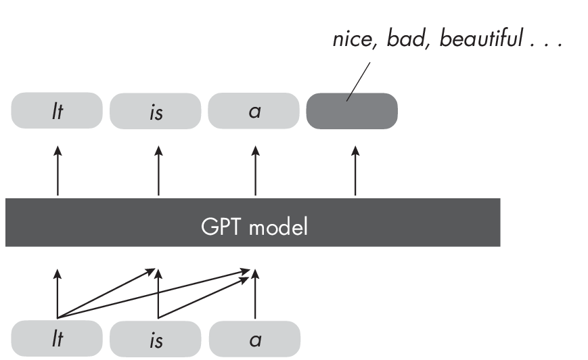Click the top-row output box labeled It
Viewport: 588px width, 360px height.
point(57,110)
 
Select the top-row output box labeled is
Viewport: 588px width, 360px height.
point(156,110)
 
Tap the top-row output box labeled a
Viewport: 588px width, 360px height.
point(254,110)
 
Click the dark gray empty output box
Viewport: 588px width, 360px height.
point(352,110)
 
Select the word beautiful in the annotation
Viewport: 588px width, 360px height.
point(481,40)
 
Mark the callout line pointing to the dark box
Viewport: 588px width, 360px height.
point(359,82)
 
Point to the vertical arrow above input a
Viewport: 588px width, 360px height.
point(255,298)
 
